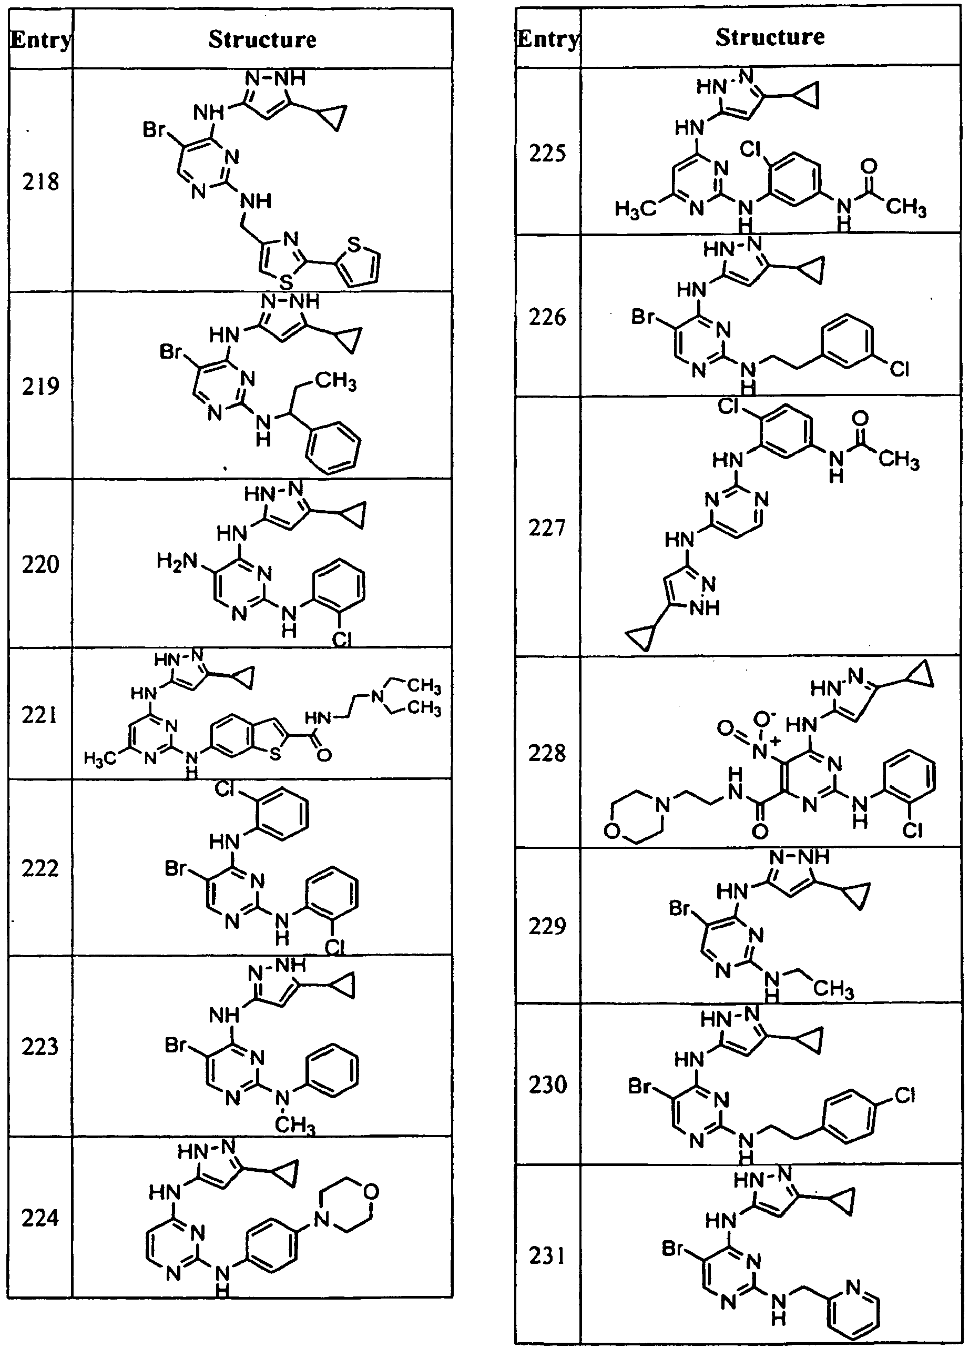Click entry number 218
coord(40,181)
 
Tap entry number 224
coord(40,1218)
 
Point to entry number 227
coord(547,527)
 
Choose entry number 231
coord(547,1255)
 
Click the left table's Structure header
coord(262,39)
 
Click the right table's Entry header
coord(547,38)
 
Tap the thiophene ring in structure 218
coord(358,264)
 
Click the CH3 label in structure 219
coord(335,381)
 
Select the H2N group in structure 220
coord(177,561)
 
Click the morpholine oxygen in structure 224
coord(370,1192)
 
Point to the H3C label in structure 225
coord(635,209)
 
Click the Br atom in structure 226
coord(644,317)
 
